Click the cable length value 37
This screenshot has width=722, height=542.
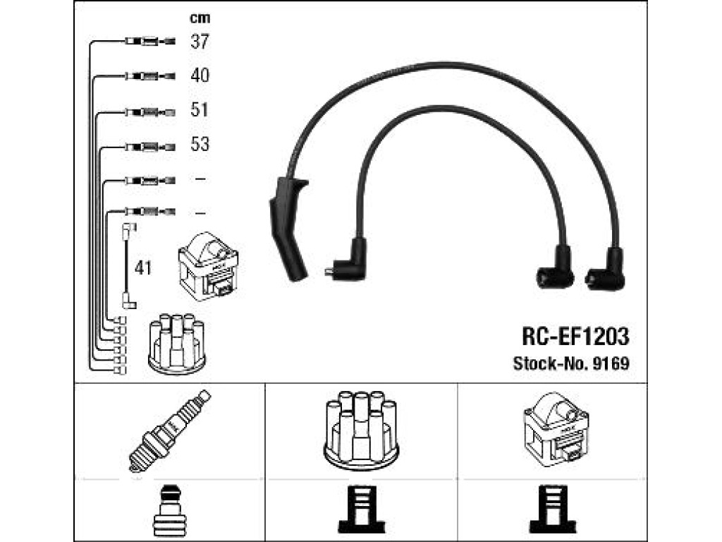tap(200, 42)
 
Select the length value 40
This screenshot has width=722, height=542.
tap(200, 75)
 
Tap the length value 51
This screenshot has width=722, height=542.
tap(200, 109)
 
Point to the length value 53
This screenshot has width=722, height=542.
tap(200, 144)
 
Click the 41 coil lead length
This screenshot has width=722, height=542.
tap(142, 267)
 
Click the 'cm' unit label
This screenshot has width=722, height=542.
tap(200, 18)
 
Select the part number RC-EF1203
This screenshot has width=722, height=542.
tap(575, 337)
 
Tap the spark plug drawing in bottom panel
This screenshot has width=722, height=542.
tap(169, 431)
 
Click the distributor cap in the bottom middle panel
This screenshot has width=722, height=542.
tap(361, 430)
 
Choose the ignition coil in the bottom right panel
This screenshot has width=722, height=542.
tap(556, 427)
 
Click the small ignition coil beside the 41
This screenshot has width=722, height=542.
tap(208, 266)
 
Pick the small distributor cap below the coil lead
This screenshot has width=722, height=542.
tap(177, 343)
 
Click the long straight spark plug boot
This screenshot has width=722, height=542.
tap(289, 228)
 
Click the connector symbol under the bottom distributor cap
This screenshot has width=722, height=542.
tap(361, 510)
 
